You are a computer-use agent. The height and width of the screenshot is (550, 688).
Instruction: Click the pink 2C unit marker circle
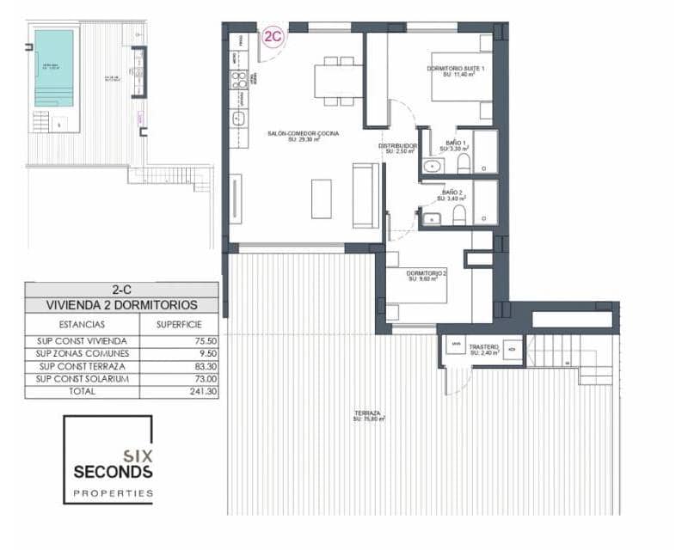tap(273, 37)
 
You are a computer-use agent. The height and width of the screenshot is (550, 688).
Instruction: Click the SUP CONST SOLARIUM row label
tap(83, 379)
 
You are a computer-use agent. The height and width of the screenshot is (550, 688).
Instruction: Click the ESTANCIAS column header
tap(83, 325)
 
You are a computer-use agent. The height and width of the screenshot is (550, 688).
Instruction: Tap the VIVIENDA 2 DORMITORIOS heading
tap(121, 305)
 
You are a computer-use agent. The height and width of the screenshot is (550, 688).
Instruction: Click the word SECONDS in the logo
tap(113, 472)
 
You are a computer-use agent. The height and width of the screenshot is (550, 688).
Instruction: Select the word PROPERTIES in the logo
tap(113, 493)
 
